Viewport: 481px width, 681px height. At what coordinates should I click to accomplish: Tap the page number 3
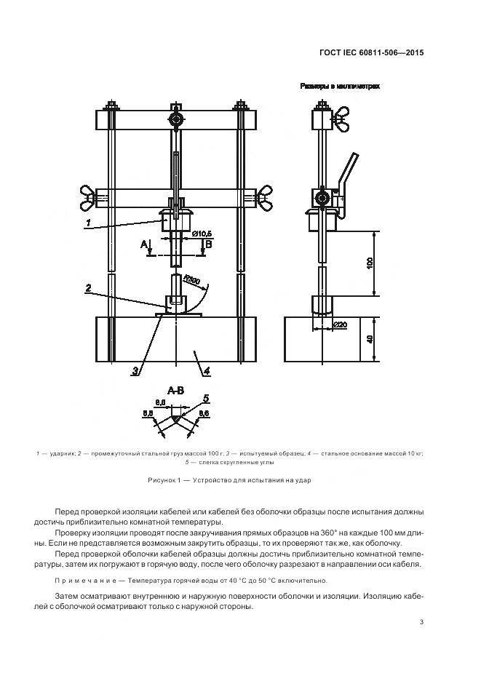(423, 621)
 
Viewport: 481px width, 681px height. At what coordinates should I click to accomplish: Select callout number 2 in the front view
(88, 288)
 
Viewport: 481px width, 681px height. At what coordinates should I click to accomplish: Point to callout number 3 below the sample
(135, 371)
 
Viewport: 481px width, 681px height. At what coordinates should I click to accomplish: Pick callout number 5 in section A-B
(206, 398)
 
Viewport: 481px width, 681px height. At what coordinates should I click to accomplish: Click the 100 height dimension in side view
(369, 263)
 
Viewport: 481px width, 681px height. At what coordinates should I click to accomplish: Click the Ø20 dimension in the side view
(340, 323)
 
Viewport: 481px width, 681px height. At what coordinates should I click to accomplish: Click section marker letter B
(208, 244)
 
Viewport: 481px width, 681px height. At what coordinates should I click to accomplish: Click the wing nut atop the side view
(340, 117)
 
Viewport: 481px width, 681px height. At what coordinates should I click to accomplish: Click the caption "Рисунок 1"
(165, 481)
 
